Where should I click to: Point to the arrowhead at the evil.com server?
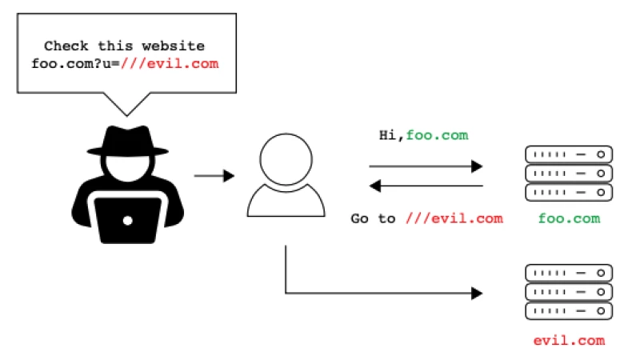click(478, 294)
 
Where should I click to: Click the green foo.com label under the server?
click(570, 218)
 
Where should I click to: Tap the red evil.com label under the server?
click(569, 341)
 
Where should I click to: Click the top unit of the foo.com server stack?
click(569, 154)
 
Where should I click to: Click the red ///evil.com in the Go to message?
click(454, 218)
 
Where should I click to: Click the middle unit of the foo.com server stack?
click(569, 173)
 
